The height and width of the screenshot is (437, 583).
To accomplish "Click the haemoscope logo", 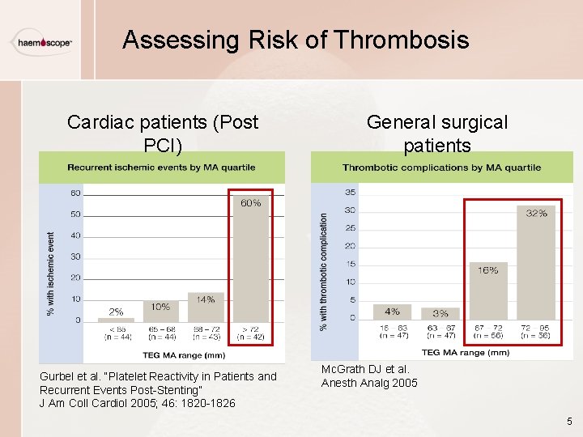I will click(x=41, y=43).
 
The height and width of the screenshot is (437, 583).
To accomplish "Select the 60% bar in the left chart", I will click(x=250, y=257).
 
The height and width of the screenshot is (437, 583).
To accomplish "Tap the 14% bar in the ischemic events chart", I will click(x=206, y=308).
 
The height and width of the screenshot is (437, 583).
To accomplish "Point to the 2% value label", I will click(x=116, y=312).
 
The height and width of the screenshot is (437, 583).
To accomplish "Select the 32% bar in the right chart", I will click(x=536, y=262).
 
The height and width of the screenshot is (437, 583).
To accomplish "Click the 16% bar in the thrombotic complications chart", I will click(x=488, y=291).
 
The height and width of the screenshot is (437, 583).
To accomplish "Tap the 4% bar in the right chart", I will click(x=392, y=312).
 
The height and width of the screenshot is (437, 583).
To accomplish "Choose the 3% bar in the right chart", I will click(x=440, y=313).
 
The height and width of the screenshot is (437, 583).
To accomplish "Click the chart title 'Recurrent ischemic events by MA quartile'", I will click(x=161, y=168).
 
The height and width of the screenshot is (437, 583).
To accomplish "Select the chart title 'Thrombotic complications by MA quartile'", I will click(x=441, y=168).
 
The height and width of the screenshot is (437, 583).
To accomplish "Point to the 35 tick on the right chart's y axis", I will click(x=350, y=193).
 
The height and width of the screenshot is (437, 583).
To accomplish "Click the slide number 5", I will click(x=569, y=422).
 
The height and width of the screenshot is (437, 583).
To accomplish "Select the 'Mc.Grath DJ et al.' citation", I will click(x=365, y=369).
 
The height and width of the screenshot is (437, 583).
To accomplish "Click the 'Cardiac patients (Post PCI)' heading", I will click(x=162, y=134).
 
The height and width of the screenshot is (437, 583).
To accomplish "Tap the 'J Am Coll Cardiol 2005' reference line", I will click(x=137, y=403).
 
